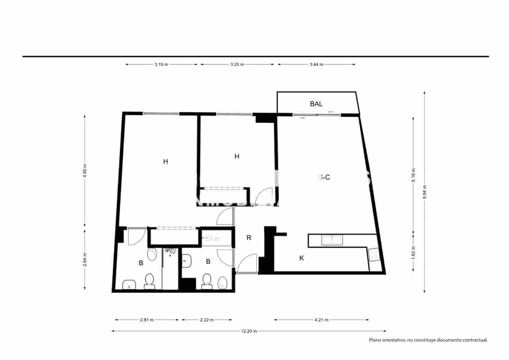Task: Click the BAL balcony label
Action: pos(316,104)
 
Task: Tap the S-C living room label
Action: pos(324,177)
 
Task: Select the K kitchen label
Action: pos(301,258)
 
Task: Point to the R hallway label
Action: pos(249,238)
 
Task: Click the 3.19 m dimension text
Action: pos(161,64)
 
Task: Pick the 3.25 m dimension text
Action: pos(237,64)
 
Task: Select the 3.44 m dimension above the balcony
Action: pos(316,64)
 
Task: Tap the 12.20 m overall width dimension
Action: pos(249,331)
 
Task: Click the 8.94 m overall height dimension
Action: pos(424,192)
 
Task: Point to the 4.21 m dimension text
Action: pos(321,320)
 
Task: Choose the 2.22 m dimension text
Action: pos(207,320)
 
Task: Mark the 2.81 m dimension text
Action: pos(147,320)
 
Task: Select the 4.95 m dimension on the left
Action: pos(85,171)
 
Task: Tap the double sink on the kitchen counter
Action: pos(331,240)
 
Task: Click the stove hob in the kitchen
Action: pos(374,255)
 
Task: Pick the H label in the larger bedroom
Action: pos(165,162)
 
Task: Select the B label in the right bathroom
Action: pos(208,262)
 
